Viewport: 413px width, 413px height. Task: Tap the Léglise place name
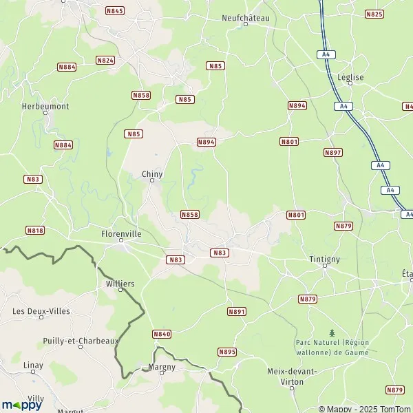pos(351,78)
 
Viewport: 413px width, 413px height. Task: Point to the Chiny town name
pos(152,174)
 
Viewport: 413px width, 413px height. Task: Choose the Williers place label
pos(120,283)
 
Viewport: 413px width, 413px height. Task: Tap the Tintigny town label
pos(325,259)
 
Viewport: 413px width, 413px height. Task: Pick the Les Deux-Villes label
pos(41,311)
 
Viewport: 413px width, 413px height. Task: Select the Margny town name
pos(162,367)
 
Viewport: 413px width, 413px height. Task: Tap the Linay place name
pos(33,365)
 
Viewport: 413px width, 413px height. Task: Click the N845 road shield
pos(115,11)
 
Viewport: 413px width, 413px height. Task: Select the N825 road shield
pos(374,14)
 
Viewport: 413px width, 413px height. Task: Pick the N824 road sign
pos(105,61)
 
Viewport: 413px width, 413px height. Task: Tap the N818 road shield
pos(34,230)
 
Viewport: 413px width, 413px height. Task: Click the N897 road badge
pos(332,152)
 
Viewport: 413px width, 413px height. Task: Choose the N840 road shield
pos(161,334)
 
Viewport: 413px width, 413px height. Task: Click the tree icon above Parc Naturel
pos(332,332)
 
